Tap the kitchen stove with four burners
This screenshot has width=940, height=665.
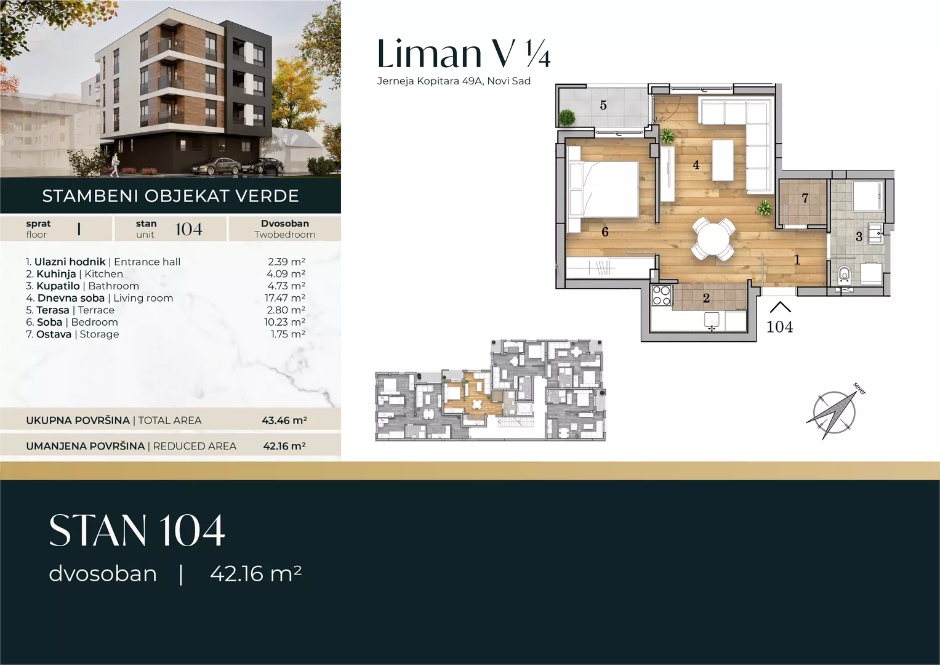pyautogui.click(x=661, y=295)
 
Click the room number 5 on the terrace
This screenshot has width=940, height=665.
pyautogui.click(x=603, y=105)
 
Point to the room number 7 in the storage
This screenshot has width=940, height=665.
pyautogui.click(x=805, y=198)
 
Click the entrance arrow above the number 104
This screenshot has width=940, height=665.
pyautogui.click(x=780, y=307)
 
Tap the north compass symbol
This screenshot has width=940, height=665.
pyautogui.click(x=835, y=413)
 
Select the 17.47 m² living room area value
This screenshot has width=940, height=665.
pyautogui.click(x=285, y=297)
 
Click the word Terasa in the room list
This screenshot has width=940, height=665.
pyautogui.click(x=53, y=310)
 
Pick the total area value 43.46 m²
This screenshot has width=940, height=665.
pyautogui.click(x=284, y=420)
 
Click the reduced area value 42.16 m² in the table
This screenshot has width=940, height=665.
pyautogui.click(x=284, y=446)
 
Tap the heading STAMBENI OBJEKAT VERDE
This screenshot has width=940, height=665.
pyautogui.click(x=171, y=196)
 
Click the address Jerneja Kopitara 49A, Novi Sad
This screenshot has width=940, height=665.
pyautogui.click(x=454, y=81)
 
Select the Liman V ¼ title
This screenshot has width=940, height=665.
pyautogui.click(x=464, y=54)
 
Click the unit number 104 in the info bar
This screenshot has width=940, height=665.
pyautogui.click(x=189, y=229)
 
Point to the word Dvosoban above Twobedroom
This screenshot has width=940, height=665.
pyautogui.click(x=285, y=224)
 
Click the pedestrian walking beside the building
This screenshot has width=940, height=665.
pyautogui.click(x=114, y=164)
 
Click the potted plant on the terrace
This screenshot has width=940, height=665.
pyautogui.click(x=566, y=117)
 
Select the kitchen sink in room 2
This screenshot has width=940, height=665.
pyautogui.click(x=712, y=321)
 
